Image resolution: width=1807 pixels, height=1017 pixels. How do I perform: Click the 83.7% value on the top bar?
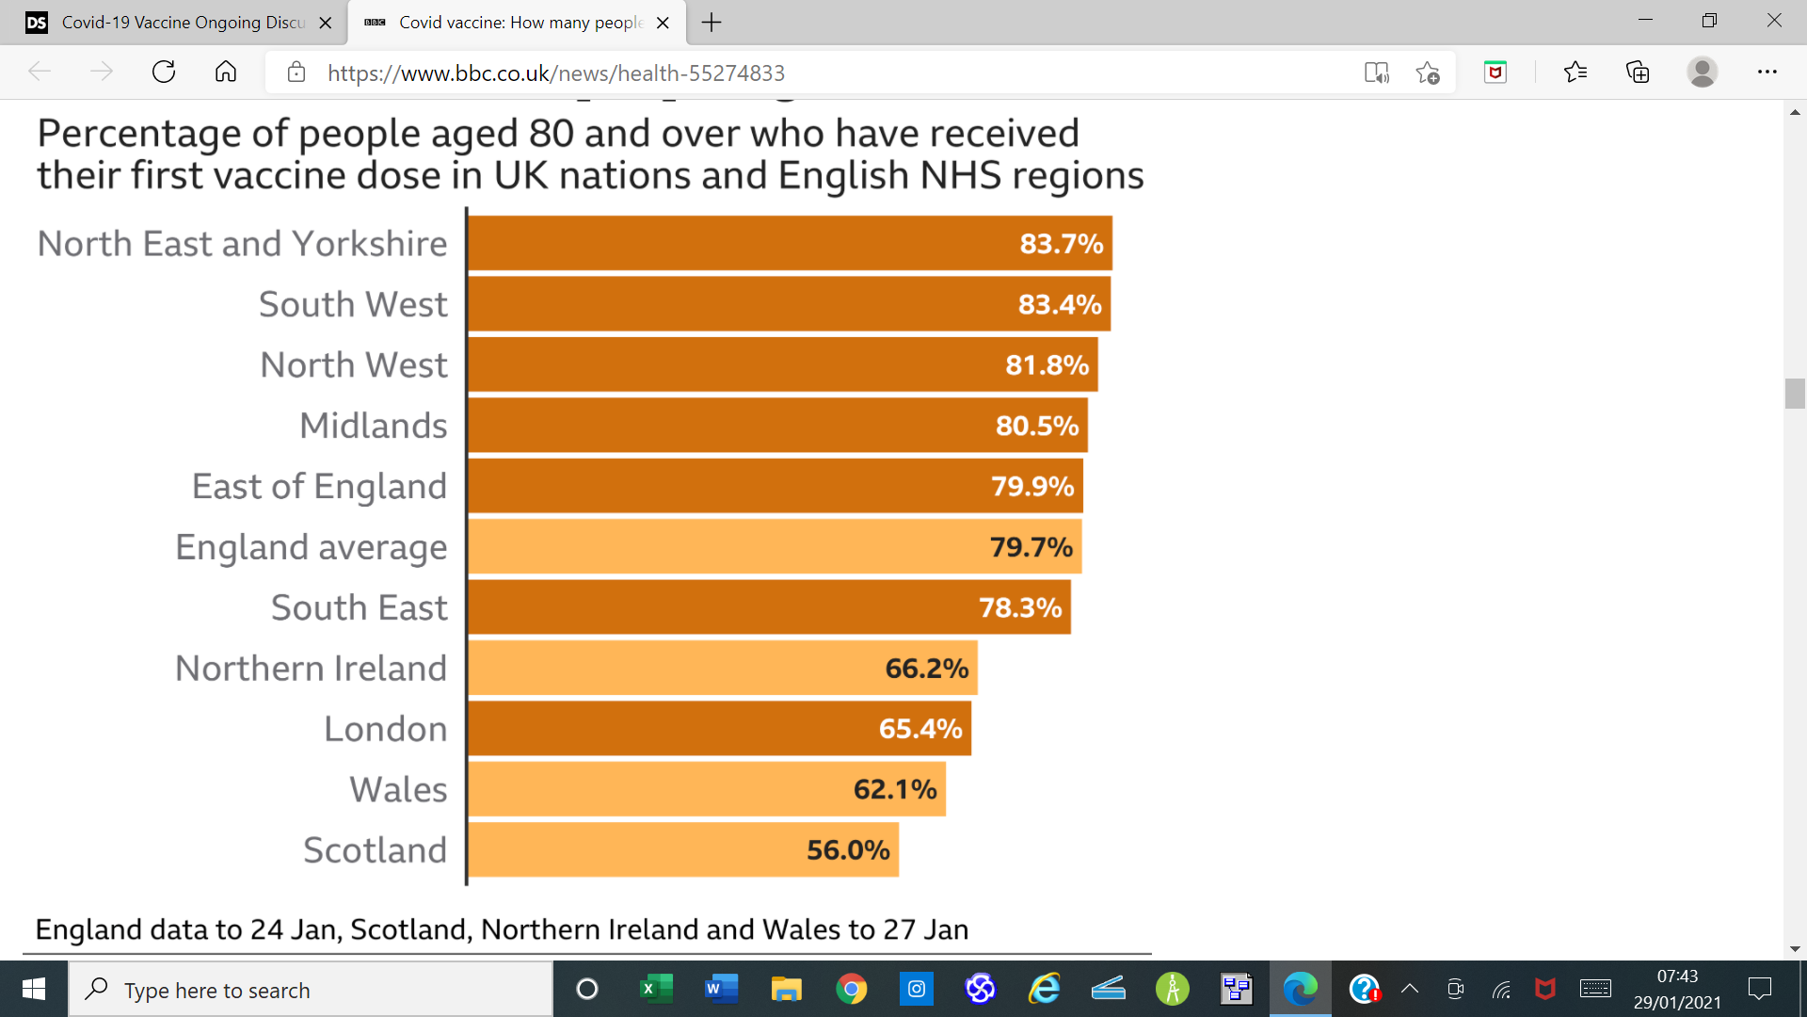[1061, 244]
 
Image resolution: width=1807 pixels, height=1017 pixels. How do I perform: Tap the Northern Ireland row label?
[311, 669]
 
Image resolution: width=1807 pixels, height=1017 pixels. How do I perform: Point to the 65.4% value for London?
[919, 729]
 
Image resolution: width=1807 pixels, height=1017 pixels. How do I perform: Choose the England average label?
[311, 547]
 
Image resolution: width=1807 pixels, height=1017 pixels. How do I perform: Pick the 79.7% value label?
[1031, 547]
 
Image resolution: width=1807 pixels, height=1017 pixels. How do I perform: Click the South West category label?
[353, 304]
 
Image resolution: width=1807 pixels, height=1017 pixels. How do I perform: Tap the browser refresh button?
[164, 73]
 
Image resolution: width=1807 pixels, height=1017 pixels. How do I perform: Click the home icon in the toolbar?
[226, 73]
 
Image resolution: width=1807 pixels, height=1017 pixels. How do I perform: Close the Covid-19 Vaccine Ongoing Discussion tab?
[326, 23]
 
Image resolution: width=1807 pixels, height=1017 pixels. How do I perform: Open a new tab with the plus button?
[712, 23]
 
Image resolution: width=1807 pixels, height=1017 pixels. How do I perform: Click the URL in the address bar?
[555, 73]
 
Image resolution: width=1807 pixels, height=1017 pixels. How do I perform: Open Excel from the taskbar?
[656, 989]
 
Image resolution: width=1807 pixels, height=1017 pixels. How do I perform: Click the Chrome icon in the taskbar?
[851, 989]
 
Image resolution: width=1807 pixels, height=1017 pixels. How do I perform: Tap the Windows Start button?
[34, 989]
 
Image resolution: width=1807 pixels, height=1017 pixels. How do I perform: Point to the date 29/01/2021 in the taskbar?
[1677, 1002]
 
